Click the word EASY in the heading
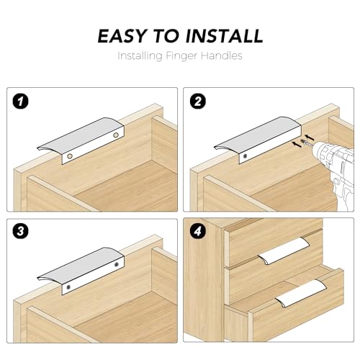pos(122,36)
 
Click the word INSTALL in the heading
pos(224,36)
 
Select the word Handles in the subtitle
pos(221,55)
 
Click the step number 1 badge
pos(20,102)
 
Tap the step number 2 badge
pos(197,102)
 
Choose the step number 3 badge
pos(20,231)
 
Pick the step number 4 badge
pos(197,231)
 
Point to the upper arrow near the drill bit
pos(310,138)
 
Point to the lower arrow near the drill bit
pos(297,145)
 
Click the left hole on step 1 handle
pos(70,156)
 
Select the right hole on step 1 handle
pos(116,135)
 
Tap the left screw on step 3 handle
pos(68,287)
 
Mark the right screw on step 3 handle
pos(117,264)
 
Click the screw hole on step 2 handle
pos(245,156)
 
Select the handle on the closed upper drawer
pos(284,251)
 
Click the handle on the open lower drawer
pos(301,293)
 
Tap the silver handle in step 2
pos(258,140)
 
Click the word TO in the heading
pos(166,36)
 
